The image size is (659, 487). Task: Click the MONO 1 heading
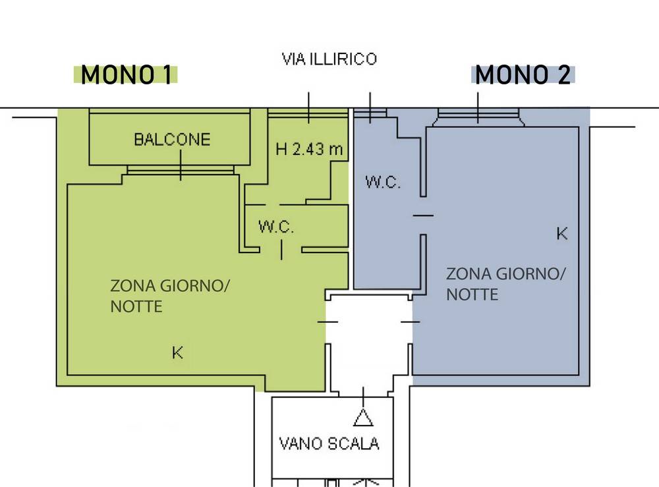coord(126,76)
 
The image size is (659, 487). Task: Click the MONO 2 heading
coord(523,76)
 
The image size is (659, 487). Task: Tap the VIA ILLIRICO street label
coord(329,59)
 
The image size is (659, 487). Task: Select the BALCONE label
coord(172,139)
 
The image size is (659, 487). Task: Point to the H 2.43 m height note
coord(309,150)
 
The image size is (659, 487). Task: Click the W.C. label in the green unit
coord(276,228)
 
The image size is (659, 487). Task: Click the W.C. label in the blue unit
coord(383,183)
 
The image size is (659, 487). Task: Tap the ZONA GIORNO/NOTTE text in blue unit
coord(505,283)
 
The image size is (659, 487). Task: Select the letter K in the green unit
coord(177,353)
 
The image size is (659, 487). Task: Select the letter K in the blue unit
coord(562,233)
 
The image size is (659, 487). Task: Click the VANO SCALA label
coord(329,443)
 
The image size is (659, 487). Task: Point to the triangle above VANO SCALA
coord(362,416)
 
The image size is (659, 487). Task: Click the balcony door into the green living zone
coord(181,170)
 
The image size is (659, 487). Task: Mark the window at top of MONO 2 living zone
coord(478,117)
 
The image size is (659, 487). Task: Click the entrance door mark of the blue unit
coord(411,322)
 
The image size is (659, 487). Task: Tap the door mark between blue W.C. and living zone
coord(423,215)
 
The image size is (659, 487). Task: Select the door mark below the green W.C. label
coord(281,250)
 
